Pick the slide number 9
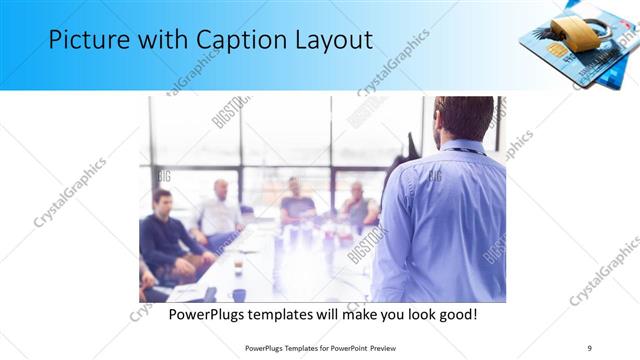[x=589, y=347]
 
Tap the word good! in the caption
[x=456, y=314]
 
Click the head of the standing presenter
[x=463, y=118]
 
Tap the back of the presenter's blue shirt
[x=447, y=220]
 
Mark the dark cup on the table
[x=238, y=294]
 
